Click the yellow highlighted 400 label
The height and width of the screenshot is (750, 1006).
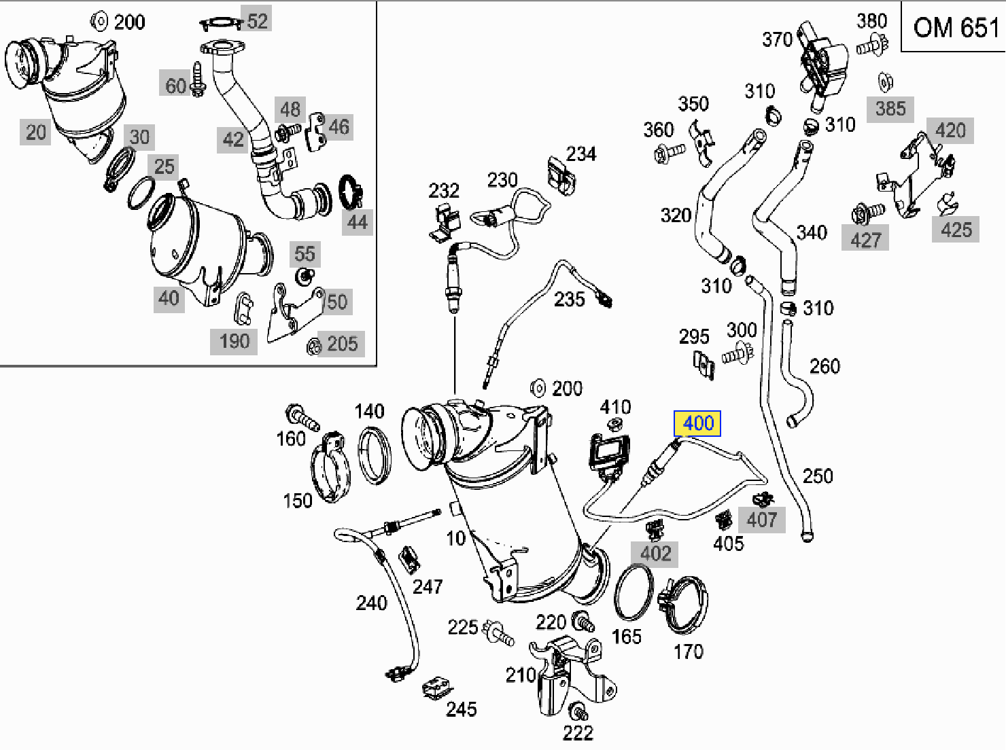(x=697, y=423)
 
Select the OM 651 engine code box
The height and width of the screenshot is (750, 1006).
(x=954, y=26)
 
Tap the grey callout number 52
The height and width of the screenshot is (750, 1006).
(x=257, y=20)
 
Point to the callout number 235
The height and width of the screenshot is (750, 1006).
(x=569, y=300)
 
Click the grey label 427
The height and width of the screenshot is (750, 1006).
(x=865, y=240)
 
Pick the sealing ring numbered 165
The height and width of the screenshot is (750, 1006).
(x=634, y=593)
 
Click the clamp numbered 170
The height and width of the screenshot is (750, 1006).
(x=683, y=605)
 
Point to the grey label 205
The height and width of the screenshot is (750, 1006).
(x=342, y=344)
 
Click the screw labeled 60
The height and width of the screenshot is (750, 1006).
(x=198, y=79)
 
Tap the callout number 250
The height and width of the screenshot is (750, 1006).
(x=818, y=476)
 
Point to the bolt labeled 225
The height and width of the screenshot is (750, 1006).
(x=499, y=632)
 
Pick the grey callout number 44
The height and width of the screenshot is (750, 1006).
(x=358, y=223)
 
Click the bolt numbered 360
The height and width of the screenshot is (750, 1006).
(x=669, y=153)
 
